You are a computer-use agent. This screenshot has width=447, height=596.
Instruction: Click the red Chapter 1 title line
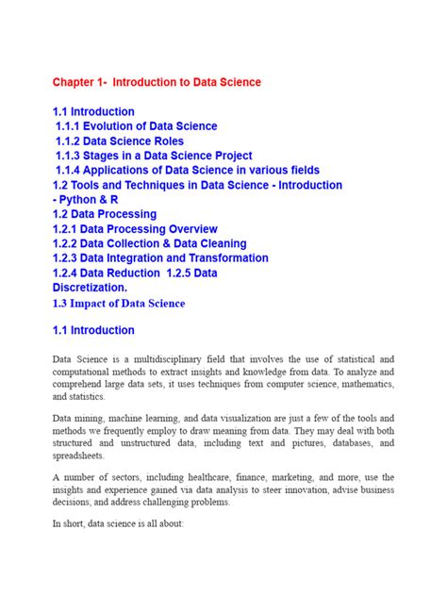(x=157, y=82)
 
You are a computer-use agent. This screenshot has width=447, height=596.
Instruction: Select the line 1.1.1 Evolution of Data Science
(x=137, y=126)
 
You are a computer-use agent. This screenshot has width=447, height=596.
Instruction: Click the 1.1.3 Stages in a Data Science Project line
(x=154, y=156)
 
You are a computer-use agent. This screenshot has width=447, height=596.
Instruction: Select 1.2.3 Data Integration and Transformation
(x=160, y=258)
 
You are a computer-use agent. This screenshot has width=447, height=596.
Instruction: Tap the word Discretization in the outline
(x=90, y=288)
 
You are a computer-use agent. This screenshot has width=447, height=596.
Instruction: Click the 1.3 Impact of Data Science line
(x=119, y=303)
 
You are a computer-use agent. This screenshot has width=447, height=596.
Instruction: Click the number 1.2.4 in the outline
(x=69, y=273)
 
